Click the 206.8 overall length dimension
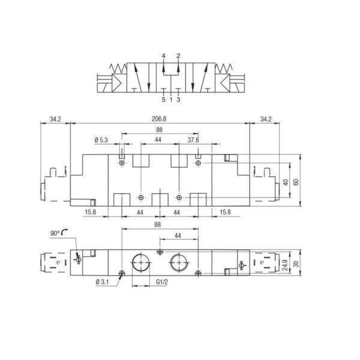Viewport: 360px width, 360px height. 159,119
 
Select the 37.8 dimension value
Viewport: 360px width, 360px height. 193,140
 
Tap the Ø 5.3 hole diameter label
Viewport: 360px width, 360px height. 102,140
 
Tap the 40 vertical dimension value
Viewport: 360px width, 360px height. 286,182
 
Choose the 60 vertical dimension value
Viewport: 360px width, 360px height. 295,182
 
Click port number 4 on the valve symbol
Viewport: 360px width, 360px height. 163,56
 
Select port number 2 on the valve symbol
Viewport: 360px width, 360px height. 178,56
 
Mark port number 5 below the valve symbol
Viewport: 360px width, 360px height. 163,100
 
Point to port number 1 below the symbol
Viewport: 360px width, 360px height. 171,100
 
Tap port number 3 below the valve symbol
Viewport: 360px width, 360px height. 178,100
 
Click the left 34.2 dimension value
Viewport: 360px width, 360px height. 55,119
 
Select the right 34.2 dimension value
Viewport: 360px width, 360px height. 265,119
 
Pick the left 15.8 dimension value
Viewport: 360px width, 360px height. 90,212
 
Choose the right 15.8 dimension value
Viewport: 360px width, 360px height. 226,212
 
